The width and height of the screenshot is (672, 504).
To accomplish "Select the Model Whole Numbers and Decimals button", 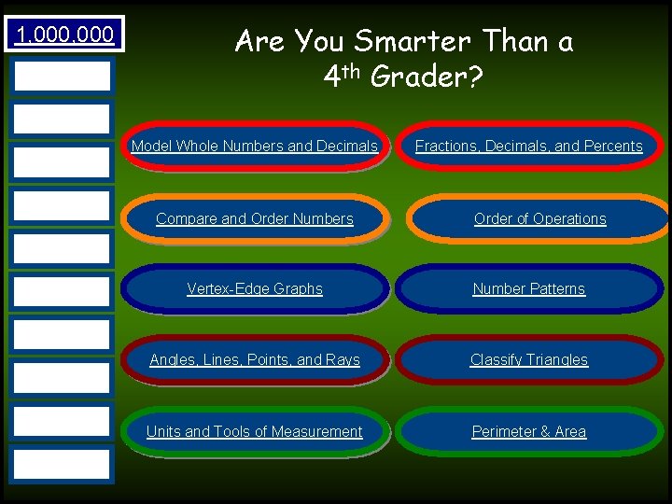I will click(255, 147).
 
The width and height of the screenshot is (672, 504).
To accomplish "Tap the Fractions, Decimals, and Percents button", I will click(528, 147).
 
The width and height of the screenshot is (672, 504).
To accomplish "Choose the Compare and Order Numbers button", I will click(255, 219).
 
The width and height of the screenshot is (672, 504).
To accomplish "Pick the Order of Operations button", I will click(539, 219).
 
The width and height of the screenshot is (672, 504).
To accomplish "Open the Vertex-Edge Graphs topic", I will click(255, 289).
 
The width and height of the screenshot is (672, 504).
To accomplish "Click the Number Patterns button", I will click(528, 289).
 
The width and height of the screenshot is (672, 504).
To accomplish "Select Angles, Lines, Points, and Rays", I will click(255, 360).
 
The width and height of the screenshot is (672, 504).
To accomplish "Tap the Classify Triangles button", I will click(528, 360).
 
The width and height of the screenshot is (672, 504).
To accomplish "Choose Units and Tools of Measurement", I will click(255, 432).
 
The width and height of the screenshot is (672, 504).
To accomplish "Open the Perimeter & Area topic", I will click(528, 432).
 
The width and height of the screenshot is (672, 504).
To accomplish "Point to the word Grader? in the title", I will click(427, 77).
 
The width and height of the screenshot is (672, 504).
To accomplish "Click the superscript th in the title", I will click(354, 70).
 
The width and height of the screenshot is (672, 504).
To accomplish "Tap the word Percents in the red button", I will click(612, 147).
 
